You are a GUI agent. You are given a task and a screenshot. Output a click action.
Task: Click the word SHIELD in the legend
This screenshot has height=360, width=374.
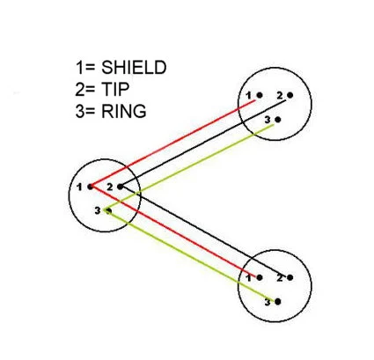134,68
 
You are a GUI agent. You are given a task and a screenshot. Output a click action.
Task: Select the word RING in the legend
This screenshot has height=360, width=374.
123,111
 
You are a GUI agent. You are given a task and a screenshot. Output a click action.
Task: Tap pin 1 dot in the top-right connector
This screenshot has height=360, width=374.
260,95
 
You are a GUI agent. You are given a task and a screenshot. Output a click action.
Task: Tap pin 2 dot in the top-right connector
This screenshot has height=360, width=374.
290,95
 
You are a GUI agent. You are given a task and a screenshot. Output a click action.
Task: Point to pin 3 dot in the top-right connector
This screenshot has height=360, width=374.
278,120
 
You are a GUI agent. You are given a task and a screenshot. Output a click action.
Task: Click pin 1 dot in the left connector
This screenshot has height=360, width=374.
90,187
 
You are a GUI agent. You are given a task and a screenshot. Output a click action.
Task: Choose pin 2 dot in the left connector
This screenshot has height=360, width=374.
120,187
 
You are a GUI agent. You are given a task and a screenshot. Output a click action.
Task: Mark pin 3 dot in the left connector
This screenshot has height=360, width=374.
108,210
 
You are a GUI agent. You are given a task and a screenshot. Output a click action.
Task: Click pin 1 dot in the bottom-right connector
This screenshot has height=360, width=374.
260,277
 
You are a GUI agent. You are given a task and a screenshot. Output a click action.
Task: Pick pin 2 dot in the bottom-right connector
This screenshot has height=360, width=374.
290,277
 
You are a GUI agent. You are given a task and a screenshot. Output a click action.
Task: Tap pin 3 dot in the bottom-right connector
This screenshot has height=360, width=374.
278,301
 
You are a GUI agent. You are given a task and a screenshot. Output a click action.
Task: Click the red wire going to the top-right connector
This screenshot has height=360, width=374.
173,143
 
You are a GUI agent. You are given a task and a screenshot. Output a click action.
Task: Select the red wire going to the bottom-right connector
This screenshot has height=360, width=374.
173,231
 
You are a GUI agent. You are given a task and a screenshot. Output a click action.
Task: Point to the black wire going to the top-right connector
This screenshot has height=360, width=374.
203,143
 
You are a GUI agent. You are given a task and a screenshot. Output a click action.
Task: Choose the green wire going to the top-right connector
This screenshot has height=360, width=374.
189,167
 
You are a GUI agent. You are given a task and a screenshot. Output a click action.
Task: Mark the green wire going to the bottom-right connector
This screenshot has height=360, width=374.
191,255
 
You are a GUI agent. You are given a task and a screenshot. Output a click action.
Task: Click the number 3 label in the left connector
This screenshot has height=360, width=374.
98,210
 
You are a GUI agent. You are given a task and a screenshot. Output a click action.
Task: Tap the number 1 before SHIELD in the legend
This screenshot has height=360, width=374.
79,68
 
